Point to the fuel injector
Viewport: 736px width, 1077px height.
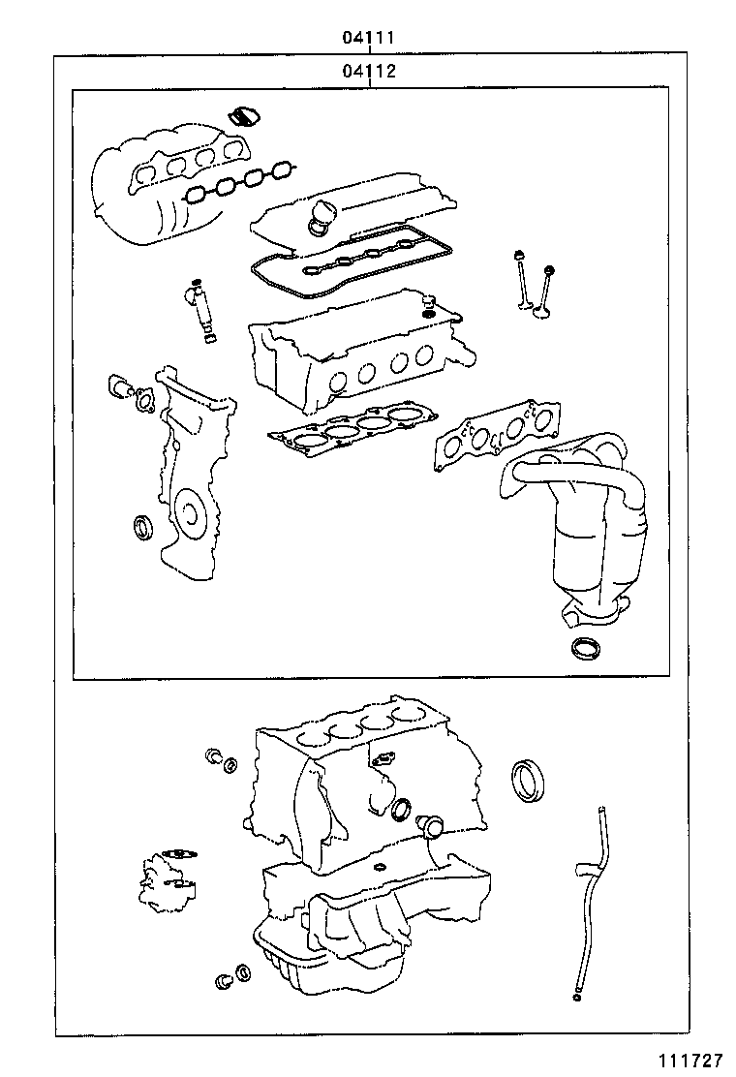(202, 310)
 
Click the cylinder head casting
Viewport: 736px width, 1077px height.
(358, 358)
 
